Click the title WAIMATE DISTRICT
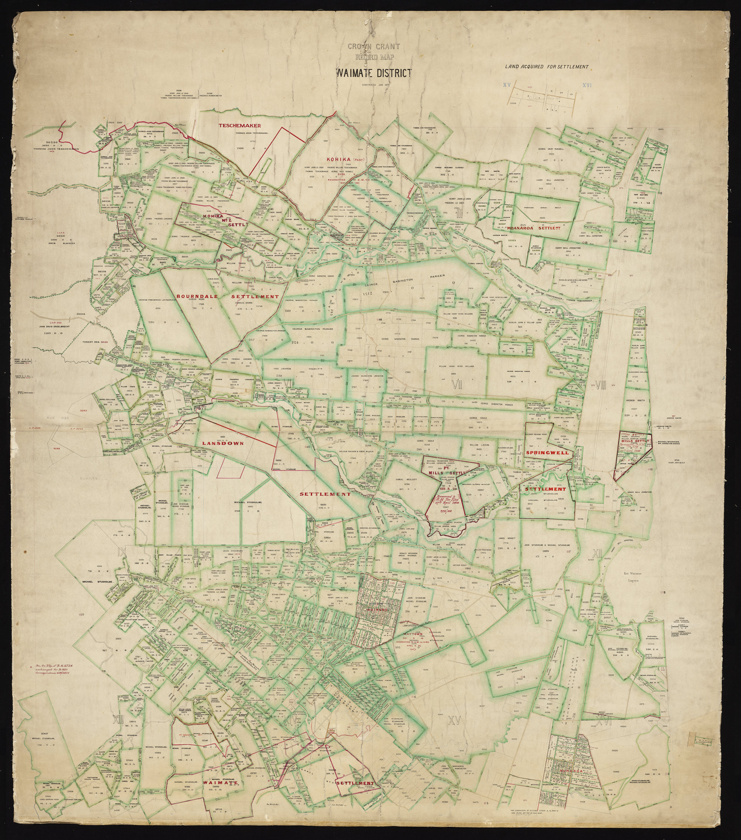click(373, 73)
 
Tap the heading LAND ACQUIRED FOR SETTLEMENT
click(547, 67)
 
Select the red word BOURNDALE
click(196, 296)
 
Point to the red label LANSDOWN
click(223, 443)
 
